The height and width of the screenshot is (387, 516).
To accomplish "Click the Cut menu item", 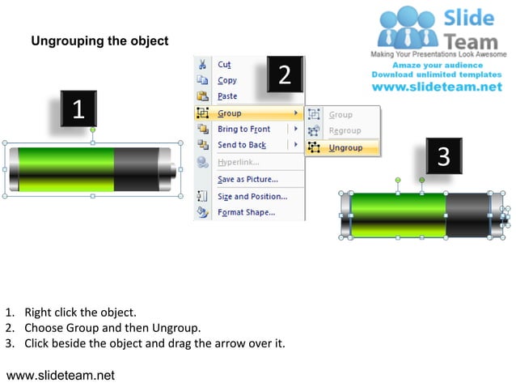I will click(224, 64).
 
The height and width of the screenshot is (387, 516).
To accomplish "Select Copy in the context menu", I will click(226, 80).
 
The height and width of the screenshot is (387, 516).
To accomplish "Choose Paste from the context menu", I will click(227, 96).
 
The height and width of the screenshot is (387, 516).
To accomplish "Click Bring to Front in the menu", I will click(243, 130).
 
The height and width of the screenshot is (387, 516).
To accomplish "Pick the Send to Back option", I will click(241, 145).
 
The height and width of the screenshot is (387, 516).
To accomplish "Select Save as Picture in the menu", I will click(247, 179).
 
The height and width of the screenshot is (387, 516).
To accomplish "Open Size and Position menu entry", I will click(252, 196).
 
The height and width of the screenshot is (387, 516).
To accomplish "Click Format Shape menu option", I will click(246, 213).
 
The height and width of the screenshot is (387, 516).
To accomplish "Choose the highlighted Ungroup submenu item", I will click(345, 148).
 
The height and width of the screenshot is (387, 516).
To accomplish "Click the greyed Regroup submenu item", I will click(345, 130).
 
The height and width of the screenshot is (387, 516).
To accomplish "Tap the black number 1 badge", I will click(78, 109).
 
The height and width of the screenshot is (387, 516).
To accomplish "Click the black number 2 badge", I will click(284, 74).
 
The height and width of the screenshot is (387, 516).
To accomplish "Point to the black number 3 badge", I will click(443, 156).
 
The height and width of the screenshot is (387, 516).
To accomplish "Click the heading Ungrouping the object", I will click(99, 41).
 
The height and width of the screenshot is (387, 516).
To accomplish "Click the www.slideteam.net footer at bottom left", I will click(61, 375).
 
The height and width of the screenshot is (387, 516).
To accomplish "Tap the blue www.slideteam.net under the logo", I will click(437, 87).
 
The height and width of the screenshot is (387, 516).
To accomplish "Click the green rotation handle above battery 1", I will click(93, 130).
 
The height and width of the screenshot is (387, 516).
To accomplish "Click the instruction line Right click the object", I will click(80, 312).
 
